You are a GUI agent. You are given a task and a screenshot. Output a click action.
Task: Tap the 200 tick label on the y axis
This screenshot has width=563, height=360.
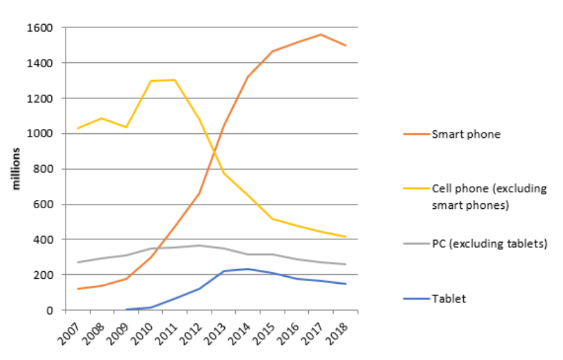(44, 275)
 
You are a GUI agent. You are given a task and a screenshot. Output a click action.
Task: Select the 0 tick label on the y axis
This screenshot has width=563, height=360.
(50, 310)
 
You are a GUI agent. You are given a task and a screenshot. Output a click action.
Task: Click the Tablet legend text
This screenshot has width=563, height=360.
(449, 298)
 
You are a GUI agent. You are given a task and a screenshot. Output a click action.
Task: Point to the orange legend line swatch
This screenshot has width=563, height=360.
(416, 134)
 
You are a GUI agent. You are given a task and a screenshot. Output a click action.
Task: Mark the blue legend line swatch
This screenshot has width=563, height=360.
(416, 298)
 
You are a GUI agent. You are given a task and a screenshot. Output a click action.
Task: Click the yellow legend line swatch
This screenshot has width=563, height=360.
(416, 189)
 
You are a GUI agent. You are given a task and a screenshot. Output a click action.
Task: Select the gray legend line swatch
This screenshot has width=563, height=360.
(416, 243)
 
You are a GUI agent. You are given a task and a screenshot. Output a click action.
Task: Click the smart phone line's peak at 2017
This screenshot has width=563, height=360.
(320, 34)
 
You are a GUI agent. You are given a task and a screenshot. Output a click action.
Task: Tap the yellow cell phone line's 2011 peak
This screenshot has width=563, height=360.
(175, 80)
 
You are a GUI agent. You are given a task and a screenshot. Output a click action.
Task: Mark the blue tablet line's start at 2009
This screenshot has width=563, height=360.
(126, 310)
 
